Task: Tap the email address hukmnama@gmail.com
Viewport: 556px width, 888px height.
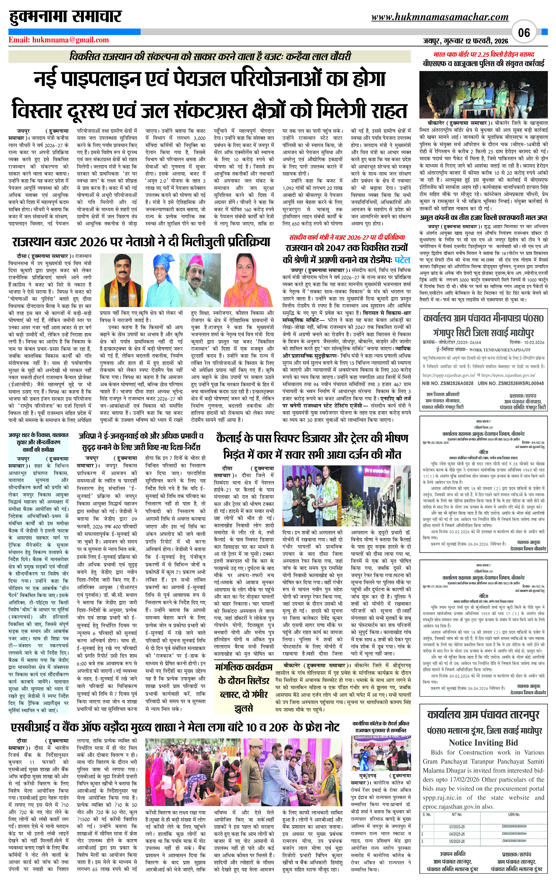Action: click(x=59, y=40)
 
